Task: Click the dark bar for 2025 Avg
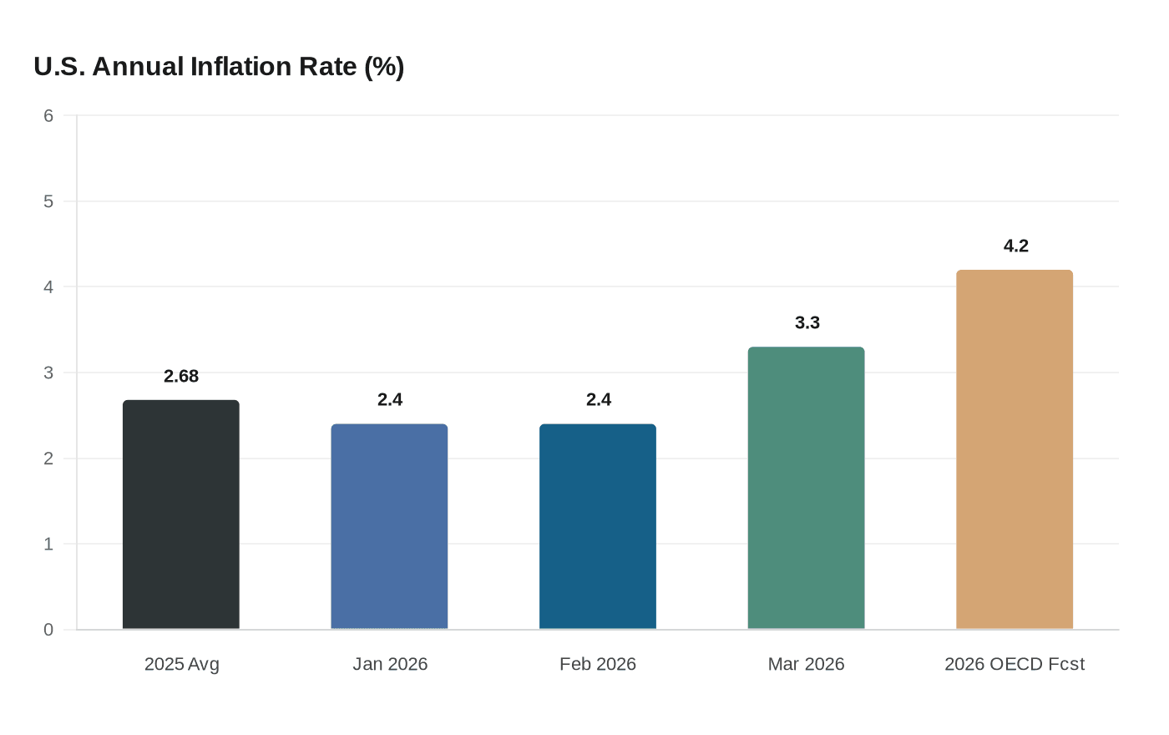coord(180,514)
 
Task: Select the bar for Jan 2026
coord(389,526)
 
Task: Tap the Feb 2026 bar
coord(598,526)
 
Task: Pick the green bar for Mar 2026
coord(806,488)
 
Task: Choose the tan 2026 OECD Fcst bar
coord(1015,449)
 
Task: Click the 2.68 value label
coord(181,376)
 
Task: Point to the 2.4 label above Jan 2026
coord(390,399)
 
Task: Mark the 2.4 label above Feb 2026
coord(599,399)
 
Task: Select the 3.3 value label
coord(807,322)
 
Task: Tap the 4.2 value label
coord(1016,246)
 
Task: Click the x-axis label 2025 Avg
coord(182,664)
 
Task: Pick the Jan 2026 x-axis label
coord(390,664)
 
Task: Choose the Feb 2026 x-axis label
coord(598,664)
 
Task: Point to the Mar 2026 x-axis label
coord(807,664)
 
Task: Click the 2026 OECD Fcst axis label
coord(1015,664)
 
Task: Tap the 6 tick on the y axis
coord(48,116)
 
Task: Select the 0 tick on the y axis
coord(48,630)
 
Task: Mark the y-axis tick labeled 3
coord(48,373)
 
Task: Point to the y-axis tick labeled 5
coord(48,201)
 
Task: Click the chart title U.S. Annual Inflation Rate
coord(219,67)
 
